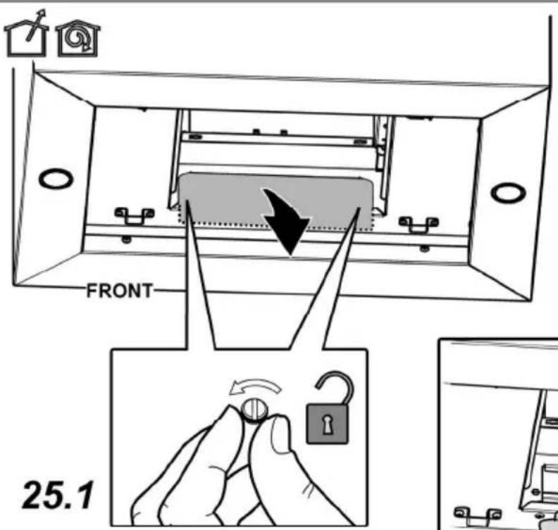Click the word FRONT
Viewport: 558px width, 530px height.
point(120,291)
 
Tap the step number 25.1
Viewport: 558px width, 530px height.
point(58,494)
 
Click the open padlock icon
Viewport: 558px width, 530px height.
point(329,408)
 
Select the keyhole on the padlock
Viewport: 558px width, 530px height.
point(327,424)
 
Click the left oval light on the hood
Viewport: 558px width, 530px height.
point(56,179)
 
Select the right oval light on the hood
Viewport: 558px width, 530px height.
point(508,192)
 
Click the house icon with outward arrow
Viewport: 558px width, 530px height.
point(26,36)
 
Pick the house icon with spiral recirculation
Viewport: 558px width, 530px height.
point(78,39)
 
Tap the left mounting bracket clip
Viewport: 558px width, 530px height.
point(134,216)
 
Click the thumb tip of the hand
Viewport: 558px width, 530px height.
point(281,434)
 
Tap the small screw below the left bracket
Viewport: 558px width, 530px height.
point(126,239)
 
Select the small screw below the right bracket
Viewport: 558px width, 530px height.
point(424,248)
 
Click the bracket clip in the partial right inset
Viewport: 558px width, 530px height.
point(477,515)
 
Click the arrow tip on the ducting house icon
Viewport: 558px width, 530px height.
point(43,13)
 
